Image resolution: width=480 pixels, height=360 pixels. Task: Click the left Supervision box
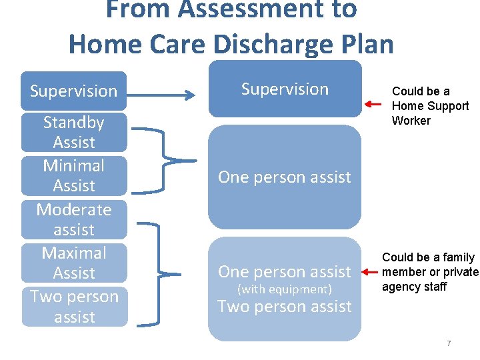[x=73, y=91]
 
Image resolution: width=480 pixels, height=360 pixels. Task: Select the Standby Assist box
[x=73, y=132]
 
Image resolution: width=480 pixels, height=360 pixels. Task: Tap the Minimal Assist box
[x=73, y=175]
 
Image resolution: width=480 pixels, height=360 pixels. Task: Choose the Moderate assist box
[x=73, y=219]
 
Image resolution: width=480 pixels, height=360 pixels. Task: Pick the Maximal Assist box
[x=73, y=263]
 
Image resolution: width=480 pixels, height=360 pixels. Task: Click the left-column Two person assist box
[x=73, y=306]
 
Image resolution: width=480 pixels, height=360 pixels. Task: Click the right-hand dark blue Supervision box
[x=285, y=89]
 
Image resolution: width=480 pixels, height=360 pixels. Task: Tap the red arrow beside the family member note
[x=368, y=272]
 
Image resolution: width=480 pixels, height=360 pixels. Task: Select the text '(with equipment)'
[x=285, y=289]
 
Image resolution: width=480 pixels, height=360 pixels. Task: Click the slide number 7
[x=449, y=343]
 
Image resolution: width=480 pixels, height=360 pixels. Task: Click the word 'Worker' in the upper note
[x=411, y=121]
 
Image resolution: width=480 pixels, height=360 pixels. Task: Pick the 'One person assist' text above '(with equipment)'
[x=285, y=272]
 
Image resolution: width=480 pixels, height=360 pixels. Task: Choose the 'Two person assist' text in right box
[x=285, y=307]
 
